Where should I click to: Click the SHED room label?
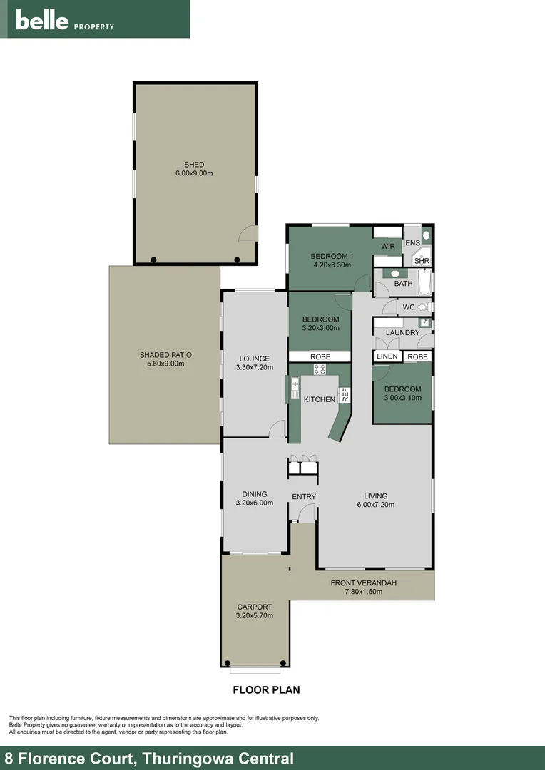(x=194, y=165)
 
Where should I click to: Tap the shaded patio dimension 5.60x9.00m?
(x=165, y=364)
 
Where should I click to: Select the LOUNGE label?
(x=255, y=359)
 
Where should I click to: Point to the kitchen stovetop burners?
(x=320, y=369)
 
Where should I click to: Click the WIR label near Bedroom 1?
(x=388, y=247)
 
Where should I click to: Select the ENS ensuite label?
(x=412, y=243)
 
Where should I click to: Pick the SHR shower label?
(x=421, y=261)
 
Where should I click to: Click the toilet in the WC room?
(x=424, y=307)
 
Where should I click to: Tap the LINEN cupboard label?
(x=387, y=356)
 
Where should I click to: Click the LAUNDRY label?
(x=402, y=332)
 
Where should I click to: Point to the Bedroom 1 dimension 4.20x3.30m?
(x=332, y=265)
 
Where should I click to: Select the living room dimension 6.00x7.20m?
(x=375, y=505)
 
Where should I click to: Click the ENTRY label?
(x=303, y=496)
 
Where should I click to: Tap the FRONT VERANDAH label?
(x=363, y=582)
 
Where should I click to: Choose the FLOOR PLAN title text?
(x=266, y=689)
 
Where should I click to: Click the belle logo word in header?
(x=42, y=21)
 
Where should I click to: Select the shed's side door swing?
(x=247, y=234)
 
